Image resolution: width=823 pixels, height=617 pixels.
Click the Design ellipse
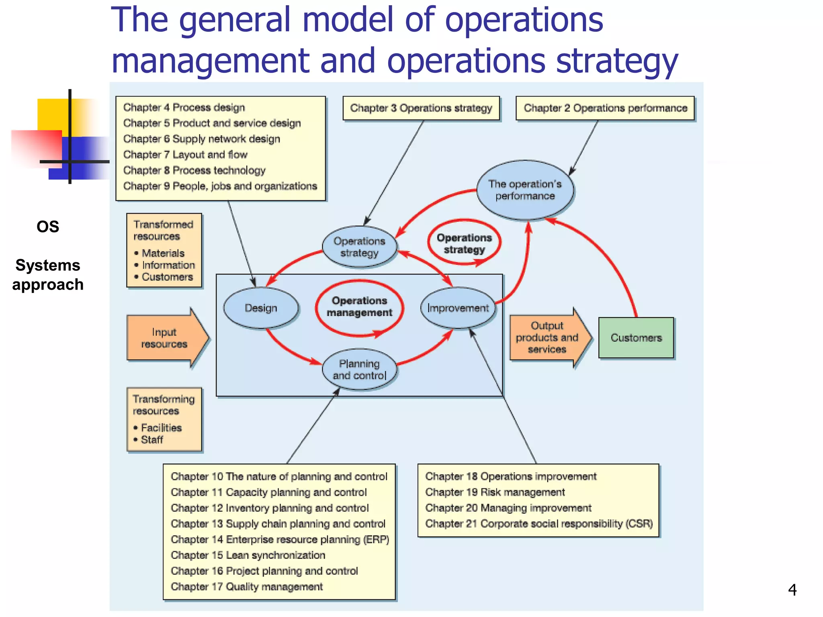[x=261, y=308]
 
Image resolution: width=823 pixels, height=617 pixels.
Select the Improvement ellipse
[x=458, y=308]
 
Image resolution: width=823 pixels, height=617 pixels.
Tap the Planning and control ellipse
[x=359, y=370]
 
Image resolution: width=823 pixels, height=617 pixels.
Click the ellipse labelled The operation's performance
[x=525, y=190]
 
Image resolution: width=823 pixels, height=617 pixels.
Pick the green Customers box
[x=636, y=337]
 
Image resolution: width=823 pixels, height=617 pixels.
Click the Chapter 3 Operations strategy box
[x=421, y=108]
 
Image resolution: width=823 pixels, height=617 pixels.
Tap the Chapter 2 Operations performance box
[x=605, y=108]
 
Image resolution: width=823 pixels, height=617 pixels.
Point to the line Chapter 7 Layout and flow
[x=185, y=155]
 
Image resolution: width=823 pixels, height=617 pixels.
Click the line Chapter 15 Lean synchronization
[x=248, y=555]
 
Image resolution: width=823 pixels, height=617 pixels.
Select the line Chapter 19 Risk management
[x=495, y=492]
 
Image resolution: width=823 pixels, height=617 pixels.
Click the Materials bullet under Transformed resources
[x=163, y=253]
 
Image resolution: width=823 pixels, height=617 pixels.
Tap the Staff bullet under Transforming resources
[x=152, y=440]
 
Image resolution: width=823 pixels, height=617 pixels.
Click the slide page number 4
[x=792, y=590]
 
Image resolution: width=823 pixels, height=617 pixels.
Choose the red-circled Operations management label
[x=359, y=307]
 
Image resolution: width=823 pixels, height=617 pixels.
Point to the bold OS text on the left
[x=48, y=227]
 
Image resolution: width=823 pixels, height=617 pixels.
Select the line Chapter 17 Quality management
[x=247, y=587]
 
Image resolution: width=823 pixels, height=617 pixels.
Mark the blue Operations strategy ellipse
[x=359, y=247]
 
